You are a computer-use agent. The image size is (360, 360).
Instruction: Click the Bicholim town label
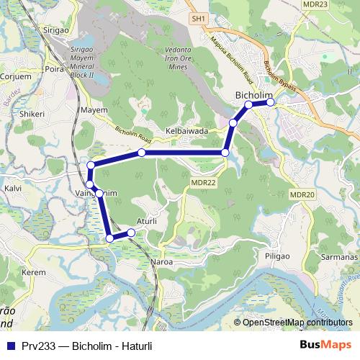click(252, 95)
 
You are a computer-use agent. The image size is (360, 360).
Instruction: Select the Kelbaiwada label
click(186, 132)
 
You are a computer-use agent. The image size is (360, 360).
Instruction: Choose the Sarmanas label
click(339, 256)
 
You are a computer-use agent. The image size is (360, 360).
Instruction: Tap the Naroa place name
click(161, 262)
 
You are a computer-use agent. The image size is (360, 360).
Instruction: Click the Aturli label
click(147, 222)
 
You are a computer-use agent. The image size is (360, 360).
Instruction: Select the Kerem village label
click(34, 273)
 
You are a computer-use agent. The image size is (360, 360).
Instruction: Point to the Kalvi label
click(13, 188)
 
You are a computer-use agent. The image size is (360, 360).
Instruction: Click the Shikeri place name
click(32, 113)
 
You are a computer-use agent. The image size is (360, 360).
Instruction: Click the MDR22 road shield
click(204, 183)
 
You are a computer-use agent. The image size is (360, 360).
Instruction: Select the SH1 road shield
click(199, 18)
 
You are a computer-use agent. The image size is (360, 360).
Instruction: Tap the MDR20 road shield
click(302, 194)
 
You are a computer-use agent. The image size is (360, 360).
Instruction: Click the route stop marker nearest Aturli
click(131, 232)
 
